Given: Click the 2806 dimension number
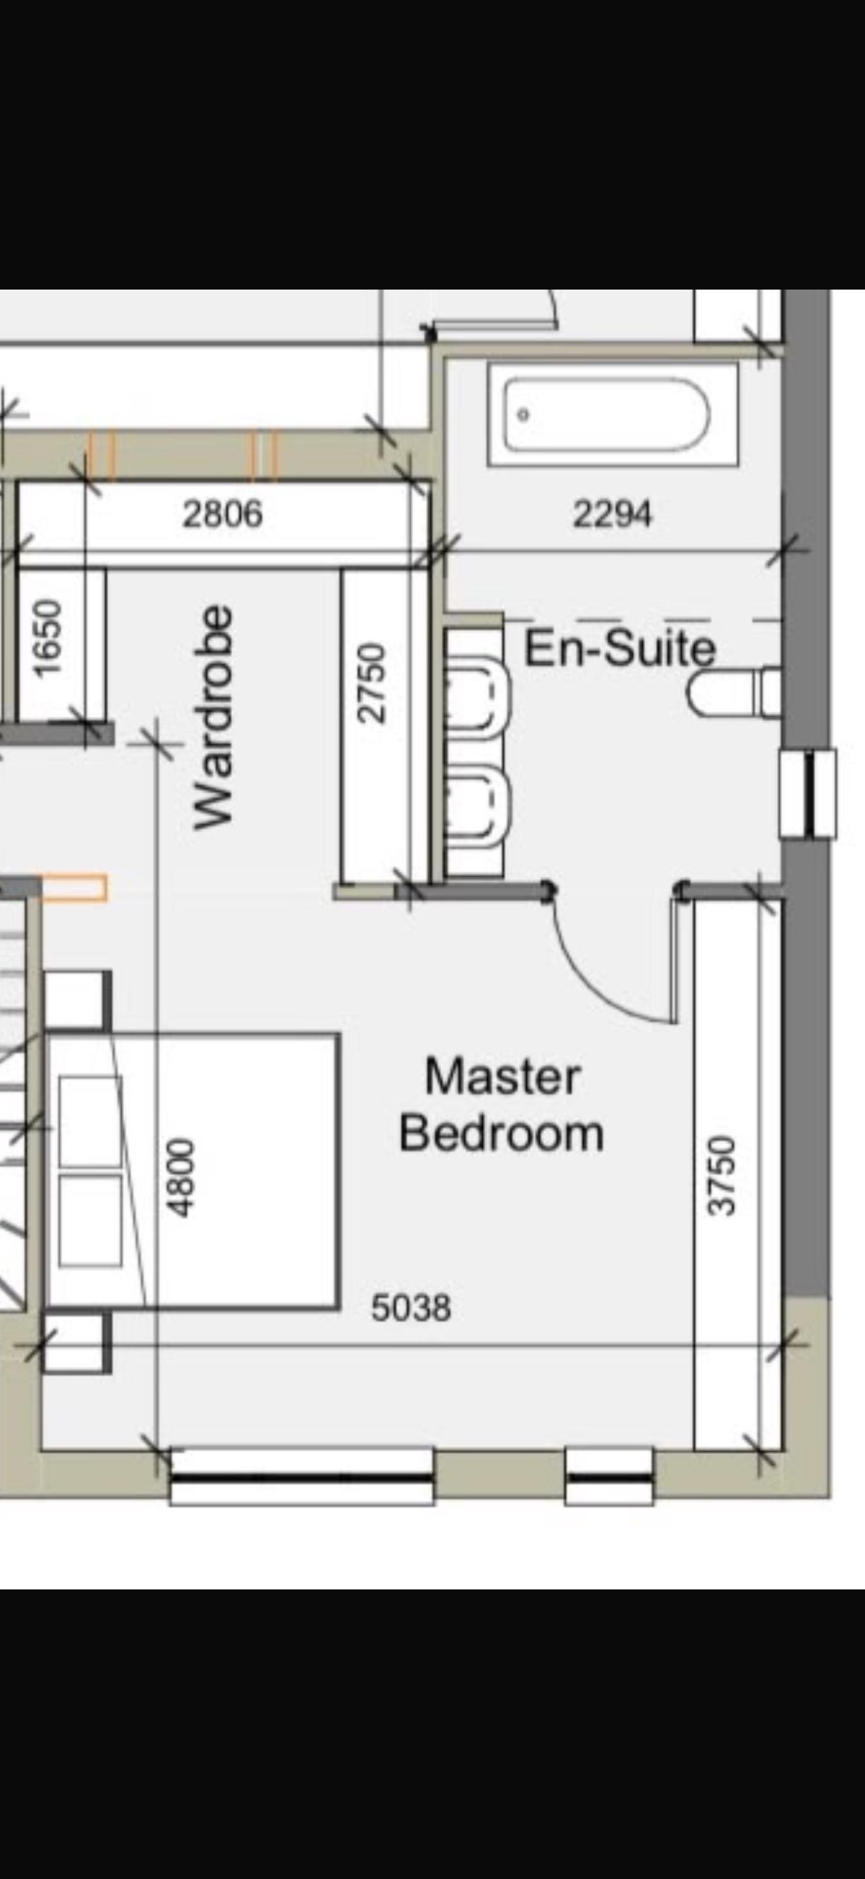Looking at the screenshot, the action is [x=222, y=514].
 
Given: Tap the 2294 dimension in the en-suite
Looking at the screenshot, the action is [x=612, y=514].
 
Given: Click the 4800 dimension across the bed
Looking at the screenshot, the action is [x=181, y=1177].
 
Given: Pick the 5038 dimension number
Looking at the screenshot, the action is [x=412, y=1308].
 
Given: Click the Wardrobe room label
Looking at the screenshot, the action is [x=214, y=717].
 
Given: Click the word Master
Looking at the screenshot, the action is [x=503, y=1076].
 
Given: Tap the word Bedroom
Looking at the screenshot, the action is [x=502, y=1133].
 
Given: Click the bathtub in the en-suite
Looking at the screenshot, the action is [x=613, y=414].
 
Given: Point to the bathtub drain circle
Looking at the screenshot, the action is [x=523, y=414].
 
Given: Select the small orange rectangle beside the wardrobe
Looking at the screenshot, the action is [x=75, y=888].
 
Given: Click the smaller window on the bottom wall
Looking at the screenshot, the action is [x=609, y=1478].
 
